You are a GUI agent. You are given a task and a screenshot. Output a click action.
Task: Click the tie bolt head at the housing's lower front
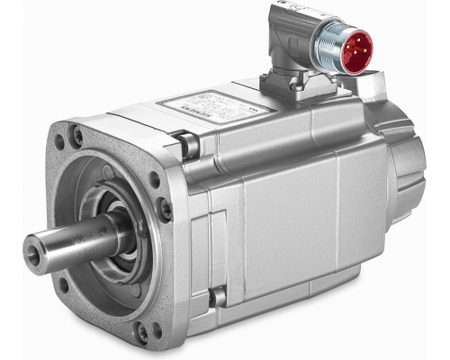216,296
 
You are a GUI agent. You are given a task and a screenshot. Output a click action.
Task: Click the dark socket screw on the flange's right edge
166,210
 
